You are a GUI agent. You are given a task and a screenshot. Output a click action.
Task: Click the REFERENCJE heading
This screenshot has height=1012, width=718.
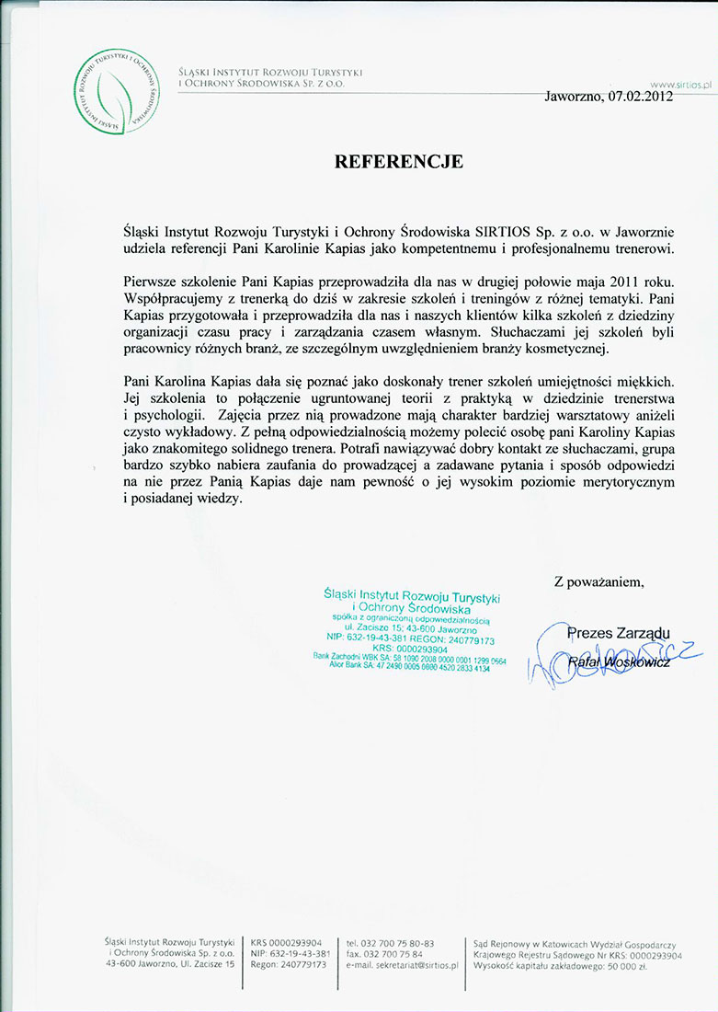pos(398,162)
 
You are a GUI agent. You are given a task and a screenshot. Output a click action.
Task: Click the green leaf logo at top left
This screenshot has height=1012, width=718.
pos(113,91)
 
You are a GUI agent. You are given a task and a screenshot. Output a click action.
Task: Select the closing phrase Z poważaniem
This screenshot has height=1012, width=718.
pos(598,581)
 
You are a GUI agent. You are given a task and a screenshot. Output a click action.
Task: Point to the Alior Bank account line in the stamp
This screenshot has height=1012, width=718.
pos(409,667)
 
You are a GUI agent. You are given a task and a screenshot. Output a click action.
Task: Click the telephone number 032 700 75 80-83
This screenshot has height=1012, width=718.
pos(396,943)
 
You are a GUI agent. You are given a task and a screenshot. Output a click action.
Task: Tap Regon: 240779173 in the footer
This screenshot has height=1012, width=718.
pos(288,964)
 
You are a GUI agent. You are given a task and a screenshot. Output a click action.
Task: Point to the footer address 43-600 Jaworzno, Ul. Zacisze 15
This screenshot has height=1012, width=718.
pos(171,964)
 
